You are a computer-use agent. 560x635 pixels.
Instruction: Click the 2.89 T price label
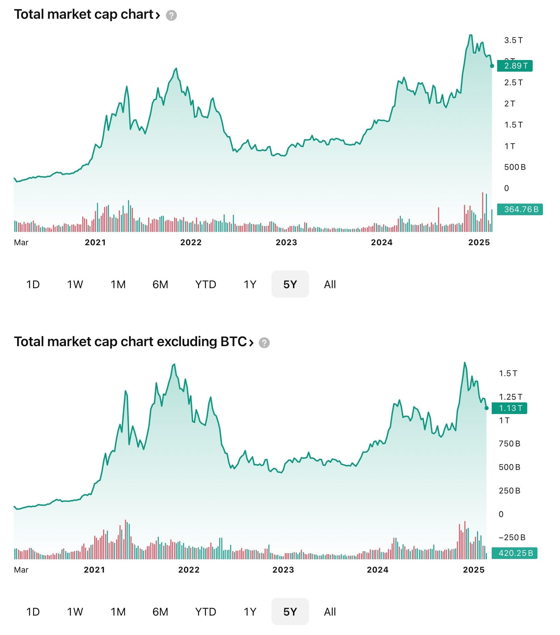click(515, 65)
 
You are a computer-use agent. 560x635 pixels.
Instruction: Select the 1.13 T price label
click(509, 408)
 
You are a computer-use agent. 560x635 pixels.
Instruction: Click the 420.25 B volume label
click(515, 553)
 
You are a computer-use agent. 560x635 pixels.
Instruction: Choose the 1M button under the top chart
click(118, 284)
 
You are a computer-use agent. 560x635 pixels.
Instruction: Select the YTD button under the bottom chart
click(206, 611)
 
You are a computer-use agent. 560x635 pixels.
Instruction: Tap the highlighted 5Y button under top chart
click(290, 284)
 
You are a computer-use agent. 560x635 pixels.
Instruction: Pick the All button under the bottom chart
click(330, 611)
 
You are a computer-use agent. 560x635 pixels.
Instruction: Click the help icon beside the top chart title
click(171, 15)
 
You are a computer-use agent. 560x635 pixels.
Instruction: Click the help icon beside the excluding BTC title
click(264, 343)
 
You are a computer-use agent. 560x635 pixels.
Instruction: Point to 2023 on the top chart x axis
click(286, 242)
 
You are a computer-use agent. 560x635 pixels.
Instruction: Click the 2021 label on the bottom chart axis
click(94, 570)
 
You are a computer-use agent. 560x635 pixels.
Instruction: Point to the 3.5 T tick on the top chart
click(513, 40)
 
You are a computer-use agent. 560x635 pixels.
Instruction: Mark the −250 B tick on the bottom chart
click(512, 537)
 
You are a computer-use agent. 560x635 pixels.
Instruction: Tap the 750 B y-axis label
click(509, 444)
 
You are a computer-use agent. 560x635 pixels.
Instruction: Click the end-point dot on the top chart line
click(492, 66)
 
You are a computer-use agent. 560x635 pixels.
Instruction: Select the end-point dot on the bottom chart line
click(487, 408)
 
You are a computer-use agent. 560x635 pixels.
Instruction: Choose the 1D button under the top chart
click(33, 284)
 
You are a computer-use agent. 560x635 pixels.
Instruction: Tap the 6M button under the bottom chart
click(160, 611)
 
